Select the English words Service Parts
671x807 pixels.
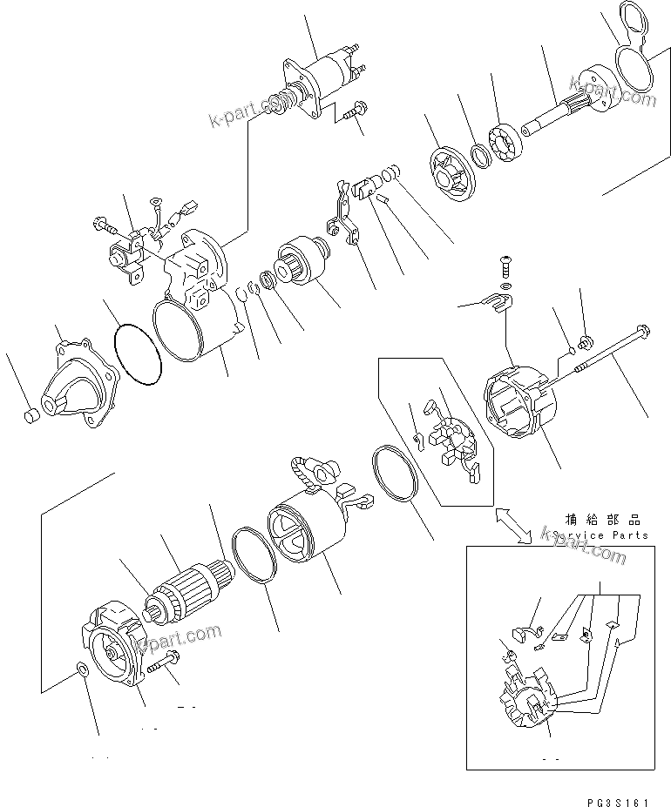click(600, 535)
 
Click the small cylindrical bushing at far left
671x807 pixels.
click(30, 414)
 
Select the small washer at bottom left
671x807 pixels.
click(82, 669)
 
